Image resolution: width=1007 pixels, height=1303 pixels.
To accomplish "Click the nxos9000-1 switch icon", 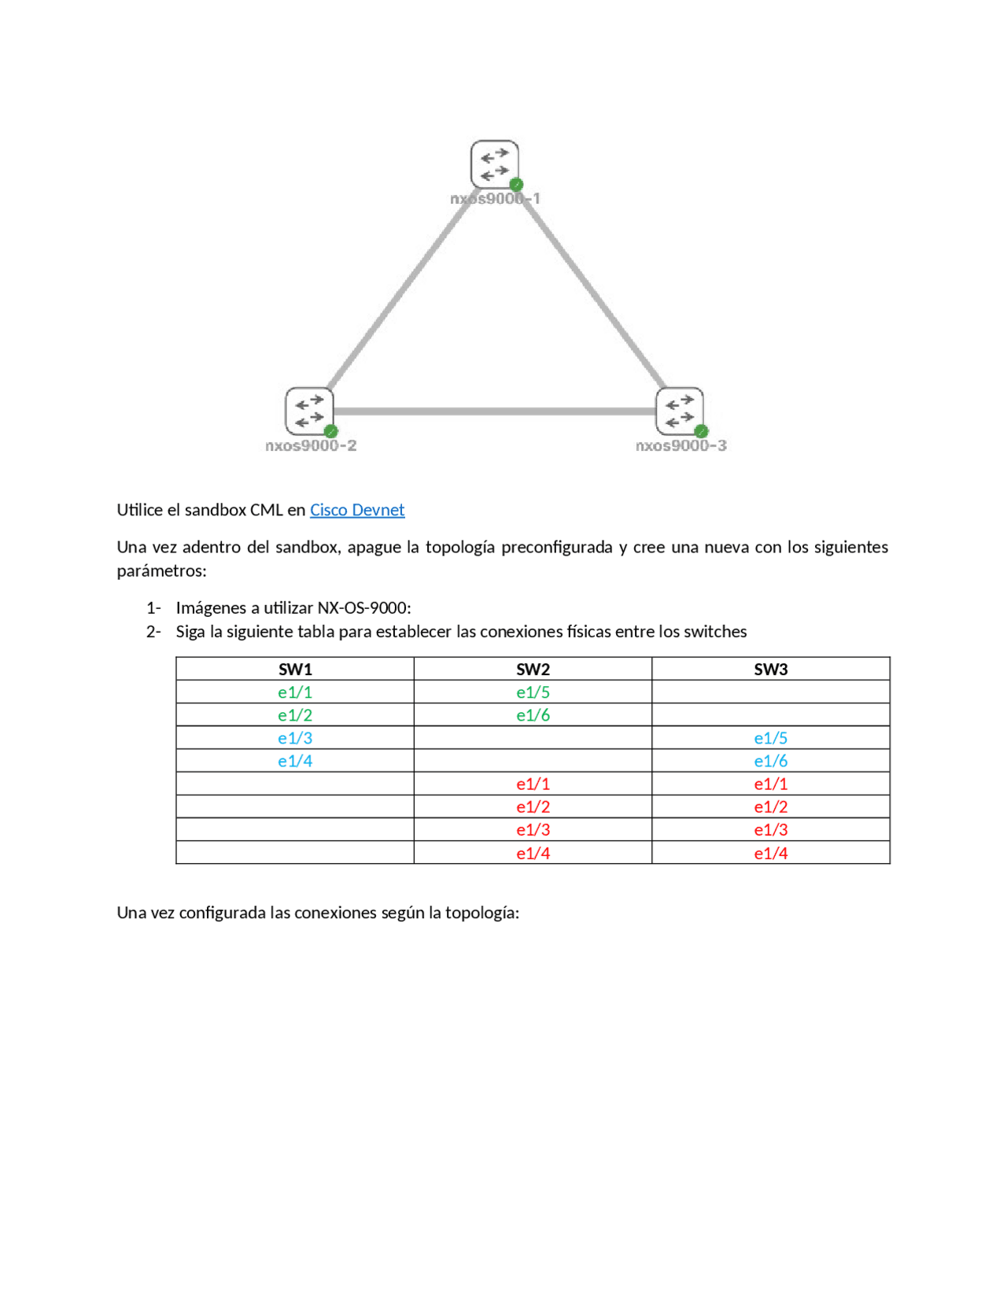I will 494,164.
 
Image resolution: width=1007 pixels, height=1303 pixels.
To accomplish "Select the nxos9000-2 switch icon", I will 309,411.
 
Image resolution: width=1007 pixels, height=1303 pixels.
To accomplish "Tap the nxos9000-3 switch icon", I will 679,411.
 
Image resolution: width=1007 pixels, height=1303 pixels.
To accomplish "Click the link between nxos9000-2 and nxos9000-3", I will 494,411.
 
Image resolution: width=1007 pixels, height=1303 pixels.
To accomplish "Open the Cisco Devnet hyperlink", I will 357,510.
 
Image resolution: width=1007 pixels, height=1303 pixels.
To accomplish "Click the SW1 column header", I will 295,670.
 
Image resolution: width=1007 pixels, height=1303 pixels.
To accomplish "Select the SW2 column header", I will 533,670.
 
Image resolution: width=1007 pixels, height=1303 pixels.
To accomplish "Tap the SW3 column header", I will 770,670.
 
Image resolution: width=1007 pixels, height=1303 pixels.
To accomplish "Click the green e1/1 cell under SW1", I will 295,692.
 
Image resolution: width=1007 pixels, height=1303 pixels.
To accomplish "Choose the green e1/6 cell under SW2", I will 533,715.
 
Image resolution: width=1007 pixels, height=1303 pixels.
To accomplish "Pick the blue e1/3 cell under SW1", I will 295,738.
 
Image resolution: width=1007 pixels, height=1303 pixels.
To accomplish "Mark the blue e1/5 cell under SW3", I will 770,738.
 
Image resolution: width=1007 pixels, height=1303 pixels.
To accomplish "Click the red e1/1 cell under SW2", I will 533,784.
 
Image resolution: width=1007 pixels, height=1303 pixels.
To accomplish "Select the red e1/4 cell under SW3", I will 770,853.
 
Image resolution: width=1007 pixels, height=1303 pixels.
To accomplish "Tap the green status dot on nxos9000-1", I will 516,184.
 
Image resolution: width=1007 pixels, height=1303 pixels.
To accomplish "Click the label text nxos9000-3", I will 681,445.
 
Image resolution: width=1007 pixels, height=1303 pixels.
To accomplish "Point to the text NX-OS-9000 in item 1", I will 362,608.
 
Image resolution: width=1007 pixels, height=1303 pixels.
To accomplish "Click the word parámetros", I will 161,570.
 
